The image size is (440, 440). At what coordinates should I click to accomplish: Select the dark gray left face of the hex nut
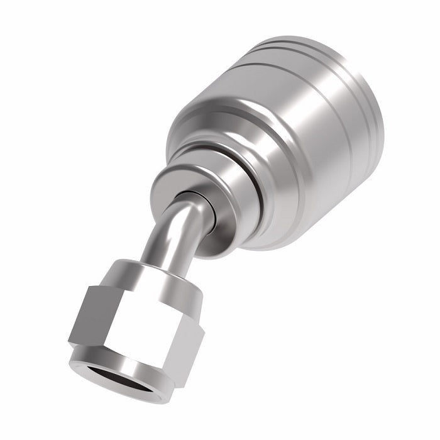point(85,317)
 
